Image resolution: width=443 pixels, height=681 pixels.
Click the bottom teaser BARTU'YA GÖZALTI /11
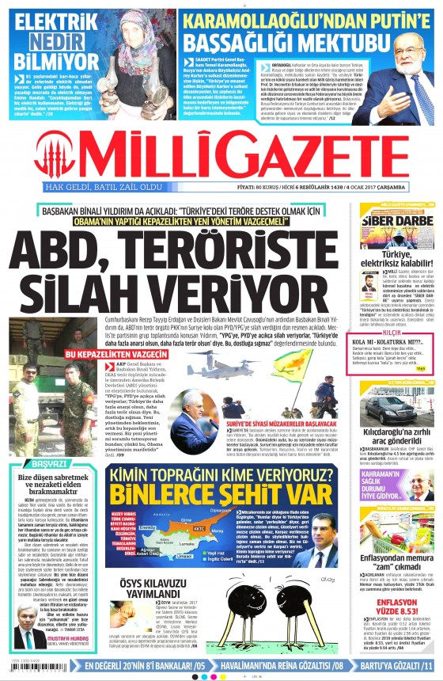[388, 666]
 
